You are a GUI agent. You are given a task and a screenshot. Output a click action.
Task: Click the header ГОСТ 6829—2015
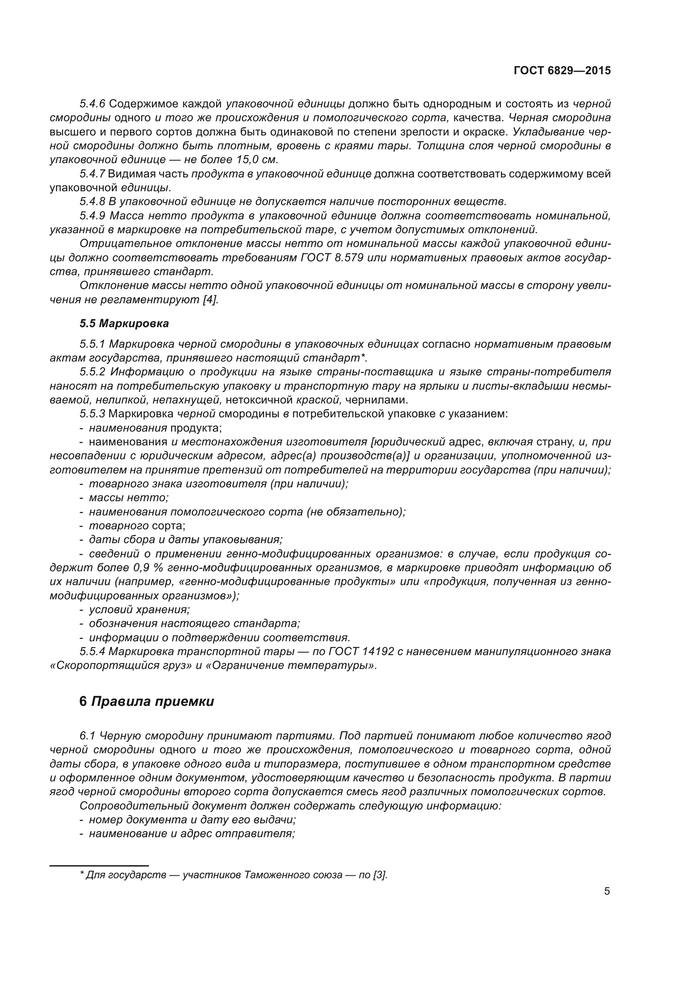tap(562, 71)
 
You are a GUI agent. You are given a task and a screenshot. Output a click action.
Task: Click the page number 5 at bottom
tap(607, 891)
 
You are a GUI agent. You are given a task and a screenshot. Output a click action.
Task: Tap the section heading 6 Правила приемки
tap(146, 702)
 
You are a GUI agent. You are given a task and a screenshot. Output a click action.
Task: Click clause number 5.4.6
tap(92, 104)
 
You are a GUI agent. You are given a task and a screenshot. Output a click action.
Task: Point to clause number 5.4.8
tap(92, 201)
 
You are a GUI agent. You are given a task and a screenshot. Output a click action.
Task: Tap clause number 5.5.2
tap(92, 372)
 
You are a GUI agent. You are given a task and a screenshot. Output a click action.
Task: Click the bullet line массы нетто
tap(129, 498)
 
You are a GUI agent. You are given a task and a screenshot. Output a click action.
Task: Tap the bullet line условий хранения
tap(139, 610)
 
